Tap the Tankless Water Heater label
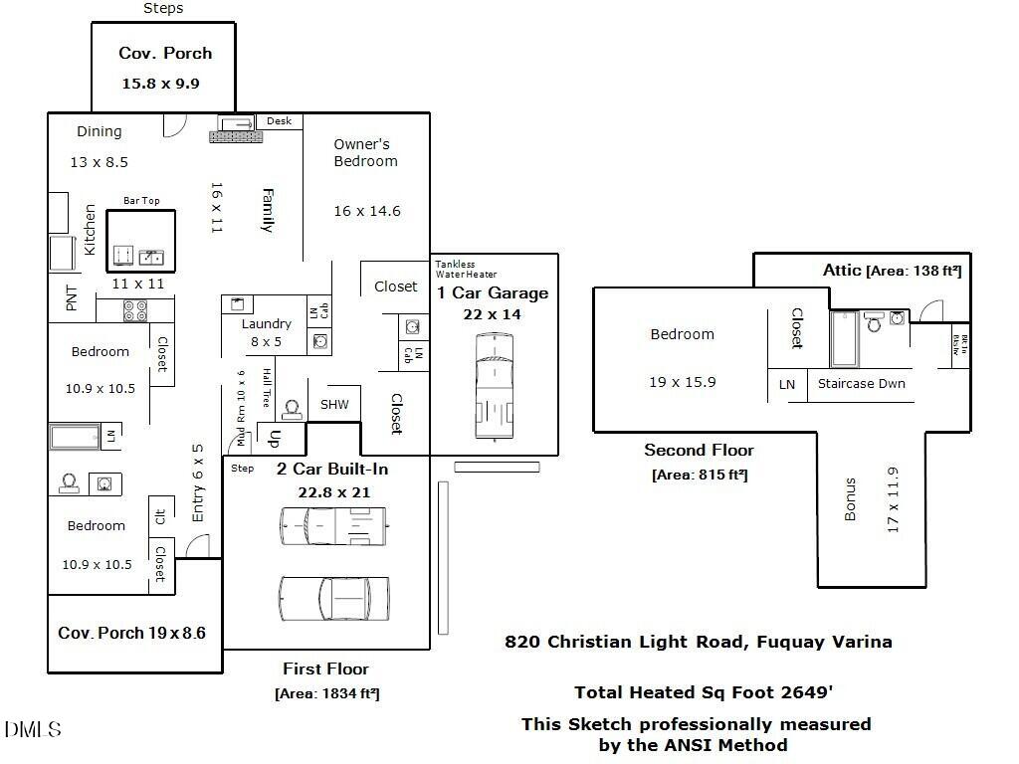[x=466, y=269]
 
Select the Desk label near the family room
[x=279, y=121]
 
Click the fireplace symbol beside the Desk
[x=236, y=129]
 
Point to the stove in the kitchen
[x=134, y=311]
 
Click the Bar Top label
[x=141, y=201]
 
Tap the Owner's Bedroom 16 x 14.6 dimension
[x=367, y=211]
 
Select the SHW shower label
[x=334, y=404]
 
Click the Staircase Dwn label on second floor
[x=861, y=383]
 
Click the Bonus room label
[x=850, y=500]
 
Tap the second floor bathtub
[x=844, y=338]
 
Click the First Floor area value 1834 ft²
[x=326, y=693]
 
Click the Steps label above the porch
[x=163, y=8]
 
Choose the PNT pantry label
[x=72, y=298]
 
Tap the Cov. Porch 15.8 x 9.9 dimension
[x=160, y=84]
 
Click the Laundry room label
[x=267, y=323]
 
